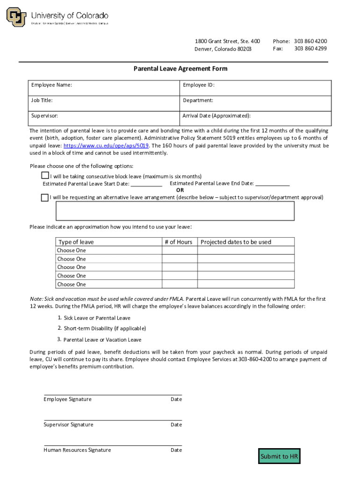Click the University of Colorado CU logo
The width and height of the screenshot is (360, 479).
pos(16,17)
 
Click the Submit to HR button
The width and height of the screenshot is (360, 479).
pos(279,456)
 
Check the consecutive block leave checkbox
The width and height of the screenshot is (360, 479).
pos(45,176)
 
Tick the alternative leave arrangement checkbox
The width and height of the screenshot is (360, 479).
pos(45,197)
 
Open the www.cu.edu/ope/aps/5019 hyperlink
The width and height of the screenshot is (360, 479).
pos(106,145)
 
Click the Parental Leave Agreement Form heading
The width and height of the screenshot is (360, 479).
pos(180,69)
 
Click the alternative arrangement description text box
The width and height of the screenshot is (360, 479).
pos(175,211)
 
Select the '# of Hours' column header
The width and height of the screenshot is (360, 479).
pos(178,242)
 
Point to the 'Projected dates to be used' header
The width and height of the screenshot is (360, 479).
pos(236,242)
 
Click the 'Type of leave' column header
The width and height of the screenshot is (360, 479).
pos(76,242)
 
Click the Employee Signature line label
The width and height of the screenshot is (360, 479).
pos(67,399)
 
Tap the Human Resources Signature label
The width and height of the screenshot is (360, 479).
pos(77,450)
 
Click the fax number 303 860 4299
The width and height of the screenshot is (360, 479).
pos(310,49)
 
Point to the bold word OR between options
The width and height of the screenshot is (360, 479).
pos(180,190)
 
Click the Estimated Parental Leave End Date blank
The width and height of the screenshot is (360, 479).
pos(273,183)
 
